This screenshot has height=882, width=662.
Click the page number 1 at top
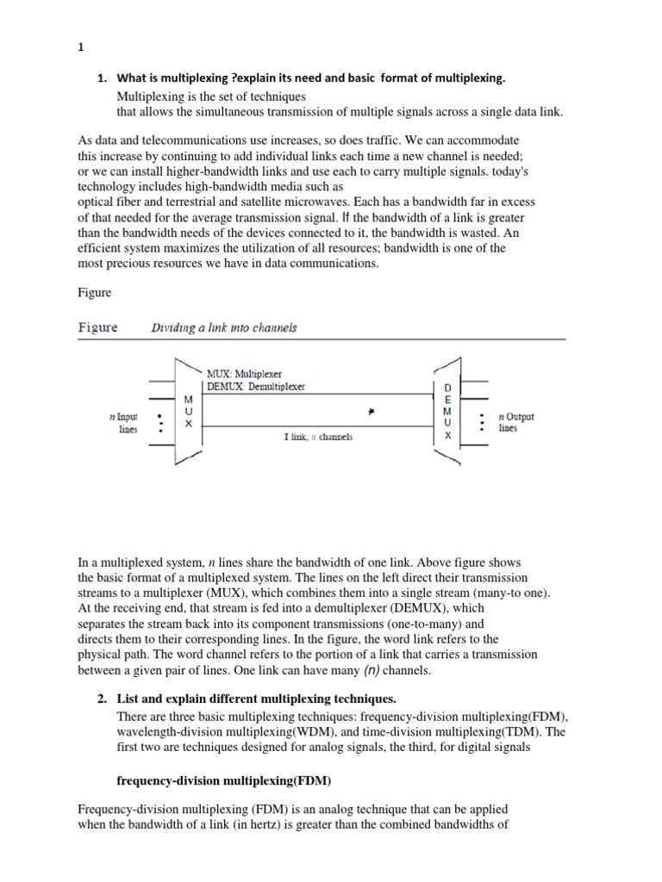coord(80,48)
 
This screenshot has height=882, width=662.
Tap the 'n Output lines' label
coord(515,423)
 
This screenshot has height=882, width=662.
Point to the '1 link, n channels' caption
coord(318,437)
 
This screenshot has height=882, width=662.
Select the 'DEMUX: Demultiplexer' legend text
coord(255,387)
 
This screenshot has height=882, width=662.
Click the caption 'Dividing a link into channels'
coord(224,328)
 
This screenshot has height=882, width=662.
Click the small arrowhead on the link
coord(371,413)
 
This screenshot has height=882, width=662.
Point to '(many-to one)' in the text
coord(512,593)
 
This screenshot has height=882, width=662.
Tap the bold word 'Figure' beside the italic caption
coord(97,328)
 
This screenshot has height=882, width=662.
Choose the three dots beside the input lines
coord(160,424)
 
